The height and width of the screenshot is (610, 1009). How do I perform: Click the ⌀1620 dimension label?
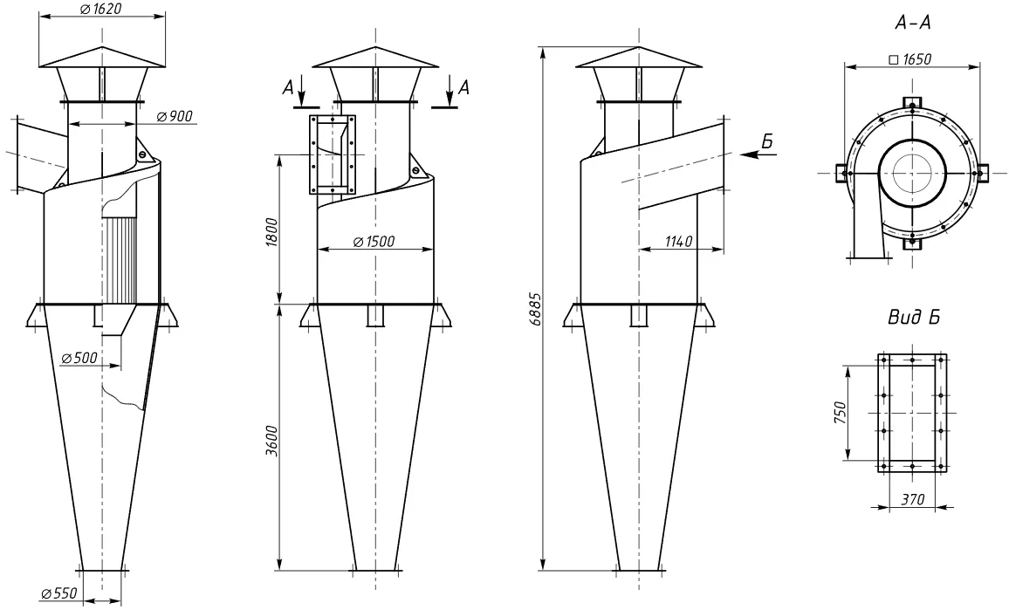[100, 9]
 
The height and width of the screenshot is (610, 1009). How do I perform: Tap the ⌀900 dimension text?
[174, 116]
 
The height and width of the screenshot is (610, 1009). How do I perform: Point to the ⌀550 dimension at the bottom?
[58, 593]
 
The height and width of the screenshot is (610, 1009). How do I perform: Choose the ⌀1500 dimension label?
[374, 242]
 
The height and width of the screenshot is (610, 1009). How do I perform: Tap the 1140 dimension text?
[677, 242]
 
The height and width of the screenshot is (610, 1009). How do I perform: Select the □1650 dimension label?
[909, 59]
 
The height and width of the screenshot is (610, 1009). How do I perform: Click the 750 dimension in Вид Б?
[840, 413]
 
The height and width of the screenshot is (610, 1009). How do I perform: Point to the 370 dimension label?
[912, 499]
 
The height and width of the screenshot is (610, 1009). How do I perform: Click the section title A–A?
[912, 24]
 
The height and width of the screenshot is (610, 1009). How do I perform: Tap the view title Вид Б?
[914, 318]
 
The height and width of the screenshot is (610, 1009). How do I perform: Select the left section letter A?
[289, 87]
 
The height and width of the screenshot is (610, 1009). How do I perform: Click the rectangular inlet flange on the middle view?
[333, 154]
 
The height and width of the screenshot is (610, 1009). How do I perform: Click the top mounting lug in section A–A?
[912, 103]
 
